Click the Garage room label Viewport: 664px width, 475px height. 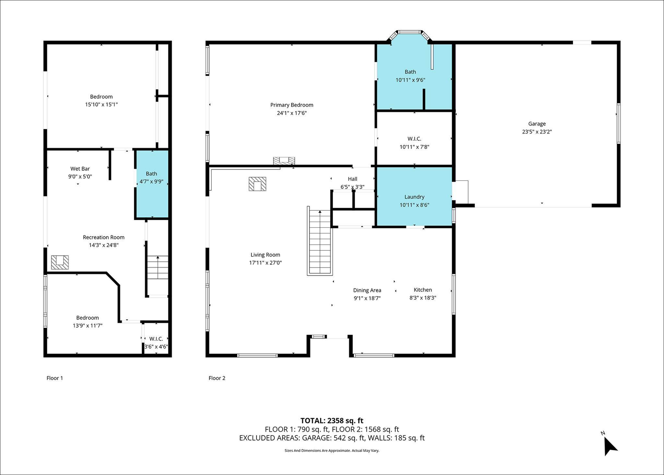537,124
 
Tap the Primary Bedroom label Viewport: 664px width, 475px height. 292,105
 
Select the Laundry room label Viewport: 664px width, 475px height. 414,197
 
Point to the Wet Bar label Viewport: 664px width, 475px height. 80,169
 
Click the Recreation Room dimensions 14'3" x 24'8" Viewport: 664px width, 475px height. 104,245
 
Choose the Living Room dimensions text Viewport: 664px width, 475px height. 265,263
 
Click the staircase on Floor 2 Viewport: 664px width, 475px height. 320,241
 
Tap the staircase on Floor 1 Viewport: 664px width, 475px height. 158,267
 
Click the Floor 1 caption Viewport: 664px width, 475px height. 55,378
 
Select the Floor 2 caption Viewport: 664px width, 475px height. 217,378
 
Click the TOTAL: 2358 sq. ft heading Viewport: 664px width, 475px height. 332,421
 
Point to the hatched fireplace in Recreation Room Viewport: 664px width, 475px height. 60,262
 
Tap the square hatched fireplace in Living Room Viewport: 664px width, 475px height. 257,184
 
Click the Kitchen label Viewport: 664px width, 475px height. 423,290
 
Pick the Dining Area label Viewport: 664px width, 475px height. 367,290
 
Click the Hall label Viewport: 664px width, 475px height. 352,179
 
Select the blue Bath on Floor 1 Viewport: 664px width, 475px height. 152,184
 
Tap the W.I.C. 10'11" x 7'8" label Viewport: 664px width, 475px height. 414,143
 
